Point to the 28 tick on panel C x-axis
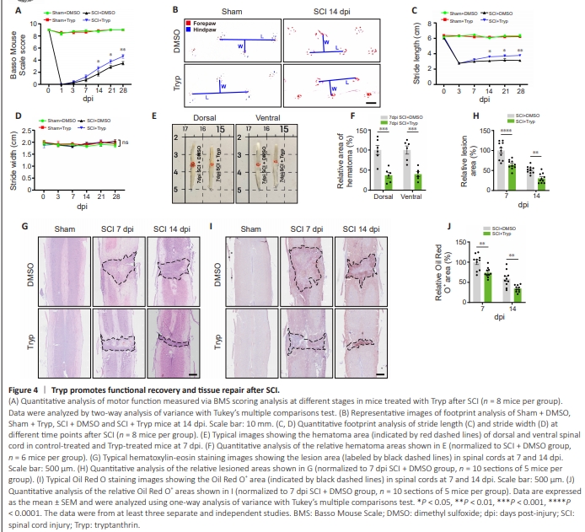tap(523, 90)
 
